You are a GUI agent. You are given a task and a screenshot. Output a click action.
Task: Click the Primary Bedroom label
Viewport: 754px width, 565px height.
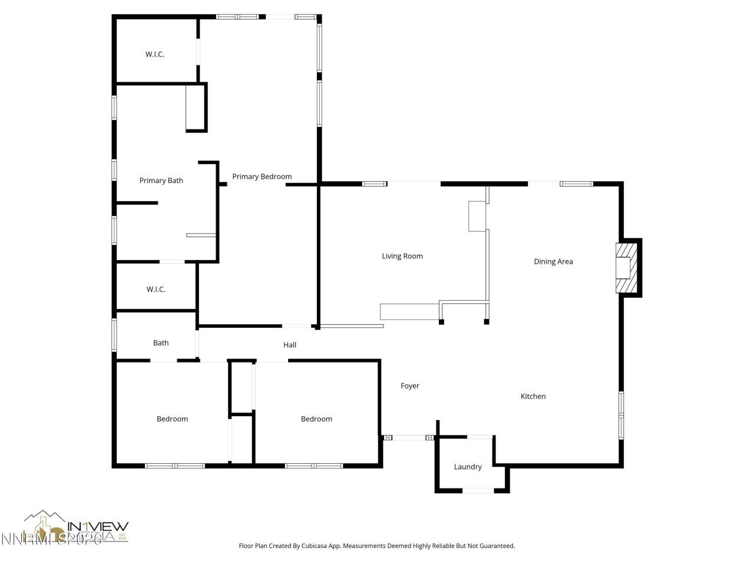(x=262, y=177)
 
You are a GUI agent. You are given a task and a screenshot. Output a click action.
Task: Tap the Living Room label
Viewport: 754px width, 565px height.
(x=402, y=256)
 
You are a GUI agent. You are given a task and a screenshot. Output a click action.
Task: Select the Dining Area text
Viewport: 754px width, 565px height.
(x=553, y=262)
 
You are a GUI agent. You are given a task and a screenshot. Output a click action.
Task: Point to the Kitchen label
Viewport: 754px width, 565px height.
(x=533, y=397)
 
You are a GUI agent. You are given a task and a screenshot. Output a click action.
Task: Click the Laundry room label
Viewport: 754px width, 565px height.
(x=468, y=467)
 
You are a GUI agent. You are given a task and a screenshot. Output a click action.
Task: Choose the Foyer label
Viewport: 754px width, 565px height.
(x=410, y=386)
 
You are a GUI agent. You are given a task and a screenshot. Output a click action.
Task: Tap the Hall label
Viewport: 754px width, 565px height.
(x=290, y=345)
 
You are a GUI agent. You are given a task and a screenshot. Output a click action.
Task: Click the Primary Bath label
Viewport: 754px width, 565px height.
(x=161, y=181)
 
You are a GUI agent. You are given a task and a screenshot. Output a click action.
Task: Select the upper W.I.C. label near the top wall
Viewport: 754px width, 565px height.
(x=155, y=55)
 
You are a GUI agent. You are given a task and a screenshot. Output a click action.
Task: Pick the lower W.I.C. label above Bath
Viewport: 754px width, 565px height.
(x=156, y=290)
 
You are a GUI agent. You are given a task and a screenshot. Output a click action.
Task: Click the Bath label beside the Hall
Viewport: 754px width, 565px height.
(x=161, y=343)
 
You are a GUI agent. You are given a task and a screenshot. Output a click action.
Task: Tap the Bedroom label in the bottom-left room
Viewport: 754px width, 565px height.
(x=172, y=419)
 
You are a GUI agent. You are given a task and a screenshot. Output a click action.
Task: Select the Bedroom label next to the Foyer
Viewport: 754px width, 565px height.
(x=316, y=419)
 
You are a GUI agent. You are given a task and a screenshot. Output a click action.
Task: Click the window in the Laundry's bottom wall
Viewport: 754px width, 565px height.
(x=478, y=490)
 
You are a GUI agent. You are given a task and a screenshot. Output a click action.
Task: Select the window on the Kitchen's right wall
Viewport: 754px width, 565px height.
(x=621, y=415)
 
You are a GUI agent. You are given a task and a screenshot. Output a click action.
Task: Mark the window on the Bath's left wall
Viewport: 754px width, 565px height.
(x=114, y=335)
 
